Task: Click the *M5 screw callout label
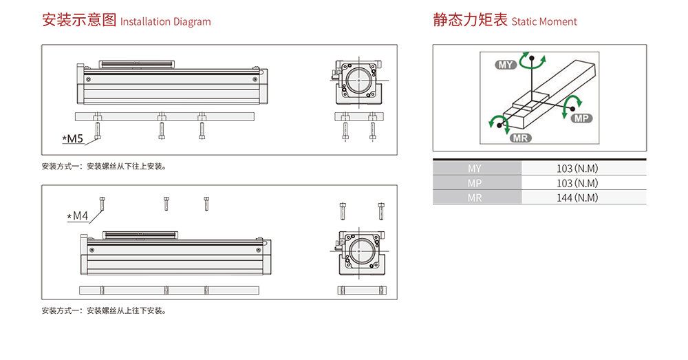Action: (73, 139)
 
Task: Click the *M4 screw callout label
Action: (78, 216)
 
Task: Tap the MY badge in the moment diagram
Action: (506, 65)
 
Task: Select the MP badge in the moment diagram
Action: (581, 118)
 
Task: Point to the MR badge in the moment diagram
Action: (521, 138)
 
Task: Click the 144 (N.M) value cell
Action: (578, 198)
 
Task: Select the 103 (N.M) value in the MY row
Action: (578, 169)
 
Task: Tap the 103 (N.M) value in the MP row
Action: (578, 183)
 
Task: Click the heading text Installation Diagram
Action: (165, 21)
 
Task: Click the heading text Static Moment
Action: (544, 21)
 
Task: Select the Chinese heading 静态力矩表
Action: (471, 20)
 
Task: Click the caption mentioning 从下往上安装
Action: (103, 166)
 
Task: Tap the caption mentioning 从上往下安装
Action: (103, 310)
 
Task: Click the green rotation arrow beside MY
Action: (529, 61)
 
